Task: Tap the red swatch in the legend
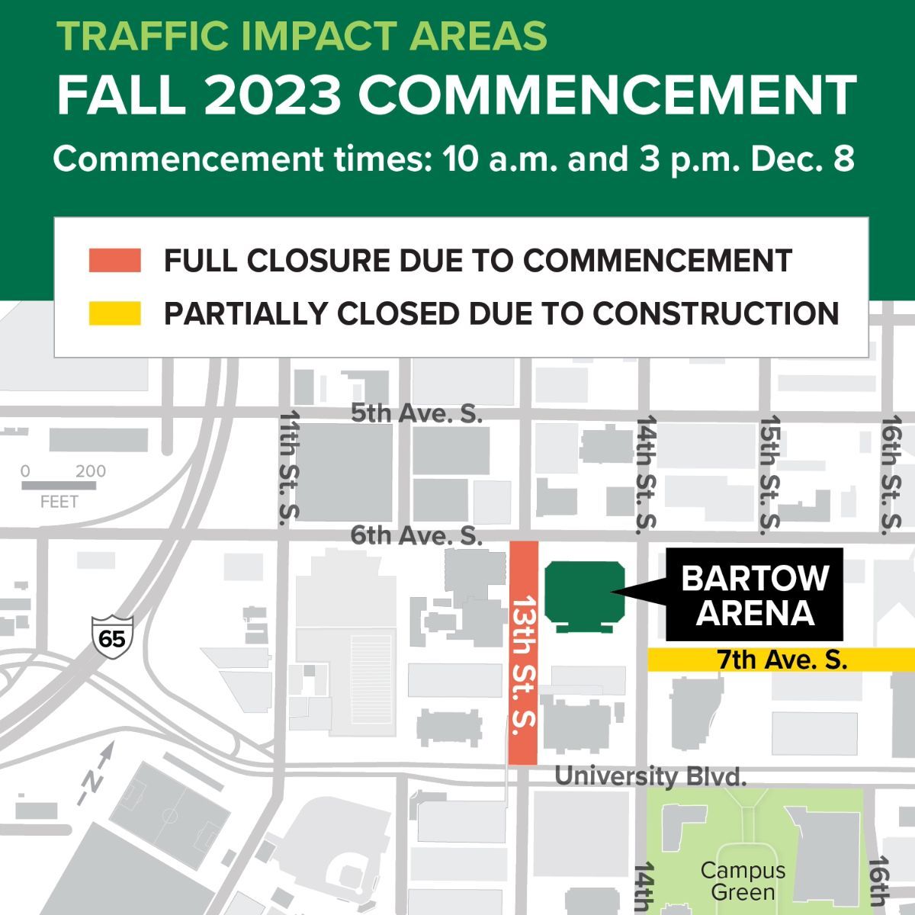point(114,260)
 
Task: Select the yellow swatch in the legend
point(114,313)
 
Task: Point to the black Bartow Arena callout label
point(755,595)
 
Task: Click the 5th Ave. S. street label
point(416,413)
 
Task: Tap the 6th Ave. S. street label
point(416,535)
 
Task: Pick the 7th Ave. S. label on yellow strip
point(782,660)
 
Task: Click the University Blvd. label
point(650,776)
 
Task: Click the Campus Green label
point(743,881)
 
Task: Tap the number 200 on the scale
point(90,470)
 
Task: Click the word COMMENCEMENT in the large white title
point(608,95)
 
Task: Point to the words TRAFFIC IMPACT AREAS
point(302,35)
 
